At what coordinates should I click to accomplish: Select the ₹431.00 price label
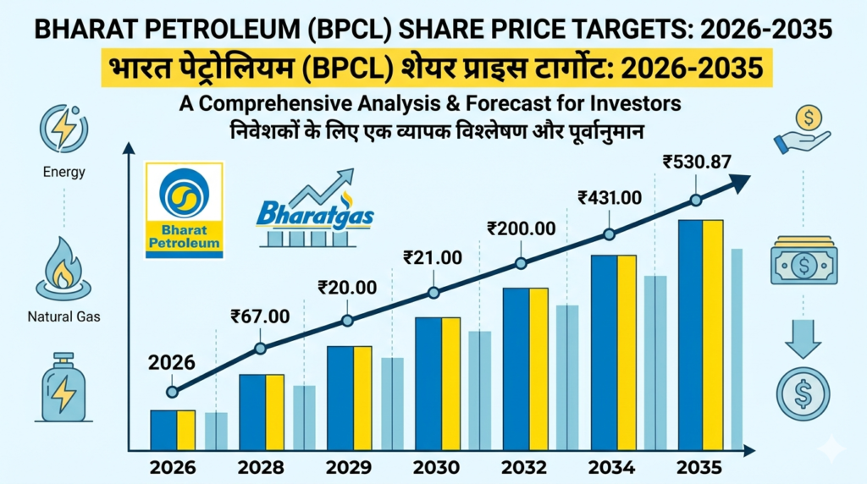610,198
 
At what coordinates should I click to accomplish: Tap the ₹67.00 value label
260,316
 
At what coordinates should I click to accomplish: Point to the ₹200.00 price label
522,228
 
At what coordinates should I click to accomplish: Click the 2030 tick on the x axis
437,467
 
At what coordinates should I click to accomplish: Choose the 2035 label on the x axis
700,467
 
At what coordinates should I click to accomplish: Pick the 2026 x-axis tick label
172,467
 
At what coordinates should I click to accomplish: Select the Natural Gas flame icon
64,267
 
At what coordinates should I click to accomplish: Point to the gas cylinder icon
64,387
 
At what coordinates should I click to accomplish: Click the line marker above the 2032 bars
521,263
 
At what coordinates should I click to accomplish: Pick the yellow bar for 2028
274,412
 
